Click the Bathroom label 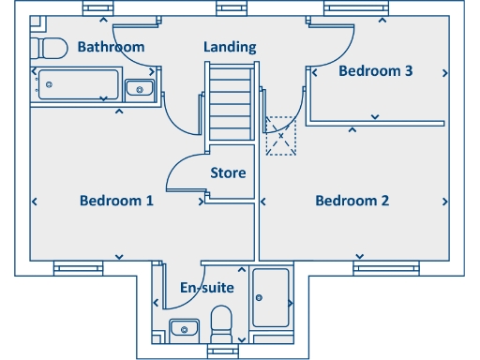coord(111,47)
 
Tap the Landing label coord(230,47)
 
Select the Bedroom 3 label coord(376,71)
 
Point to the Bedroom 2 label coord(352,201)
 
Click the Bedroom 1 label coord(116,201)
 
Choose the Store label coord(228,172)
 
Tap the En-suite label coord(207,288)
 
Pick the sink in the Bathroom coord(140,89)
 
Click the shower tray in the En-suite coord(271,297)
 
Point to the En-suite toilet coord(222,322)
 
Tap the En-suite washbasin coord(184,328)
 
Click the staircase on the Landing coord(231,99)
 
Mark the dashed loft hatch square coord(280,136)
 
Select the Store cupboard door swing coord(183,173)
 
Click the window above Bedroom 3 coord(355,8)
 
